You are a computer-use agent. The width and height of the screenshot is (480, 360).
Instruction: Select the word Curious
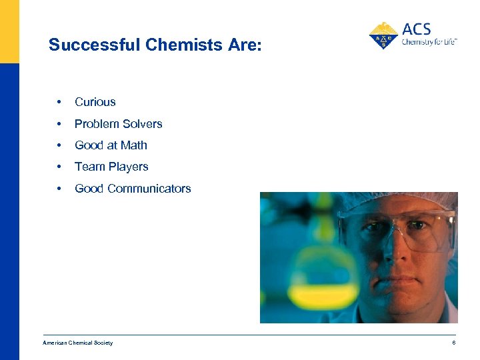(95, 102)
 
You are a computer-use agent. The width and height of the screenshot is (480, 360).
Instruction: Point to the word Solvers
(141, 124)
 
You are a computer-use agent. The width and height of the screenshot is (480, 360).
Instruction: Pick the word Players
(127, 167)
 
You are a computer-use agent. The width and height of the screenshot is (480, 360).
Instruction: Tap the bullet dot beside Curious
(60, 102)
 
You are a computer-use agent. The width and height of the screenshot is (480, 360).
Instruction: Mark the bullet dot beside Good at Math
(60, 145)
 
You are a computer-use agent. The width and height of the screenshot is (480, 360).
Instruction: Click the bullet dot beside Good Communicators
(60, 189)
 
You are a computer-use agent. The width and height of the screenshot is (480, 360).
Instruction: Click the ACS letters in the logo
(417, 29)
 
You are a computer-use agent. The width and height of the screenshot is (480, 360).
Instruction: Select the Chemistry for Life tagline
(429, 41)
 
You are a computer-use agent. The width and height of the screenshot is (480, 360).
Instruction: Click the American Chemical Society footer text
(78, 343)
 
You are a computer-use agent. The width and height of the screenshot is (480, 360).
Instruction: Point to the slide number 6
(453, 343)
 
